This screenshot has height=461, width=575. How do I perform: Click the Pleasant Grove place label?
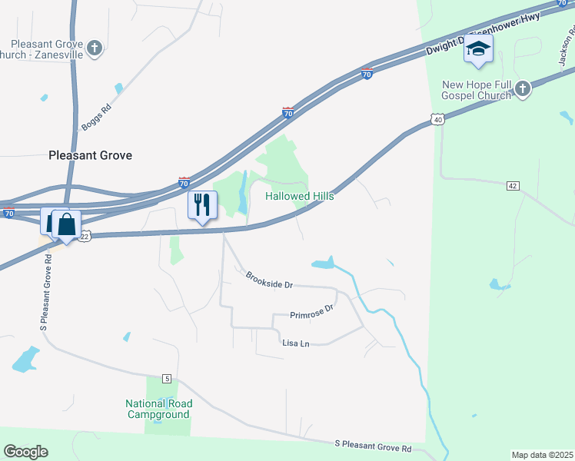[x=90, y=155]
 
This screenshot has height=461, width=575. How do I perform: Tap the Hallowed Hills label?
[x=300, y=197]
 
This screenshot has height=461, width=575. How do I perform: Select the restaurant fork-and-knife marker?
[x=203, y=205]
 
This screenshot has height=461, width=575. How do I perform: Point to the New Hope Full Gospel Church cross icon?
[x=522, y=90]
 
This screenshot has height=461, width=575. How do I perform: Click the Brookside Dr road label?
[x=269, y=280]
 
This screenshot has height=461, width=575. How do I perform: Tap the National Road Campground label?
[x=159, y=409]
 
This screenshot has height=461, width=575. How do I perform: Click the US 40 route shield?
[x=437, y=120]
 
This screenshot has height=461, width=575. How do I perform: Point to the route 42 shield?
[x=514, y=186]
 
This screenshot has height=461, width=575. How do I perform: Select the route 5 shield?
[x=166, y=378]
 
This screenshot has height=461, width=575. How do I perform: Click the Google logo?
[x=25, y=452]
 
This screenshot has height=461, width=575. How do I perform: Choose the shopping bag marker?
[x=67, y=224]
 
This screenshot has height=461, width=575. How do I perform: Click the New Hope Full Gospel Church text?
[x=476, y=90]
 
